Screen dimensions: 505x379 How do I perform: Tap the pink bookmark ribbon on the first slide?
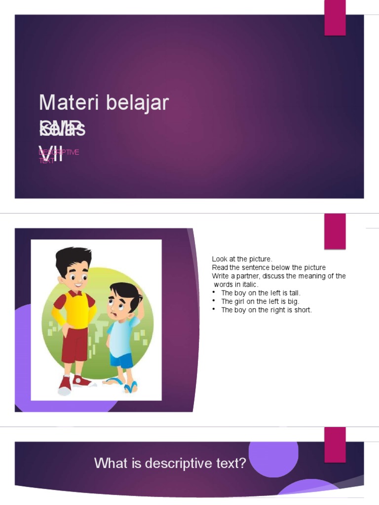tap(335, 18)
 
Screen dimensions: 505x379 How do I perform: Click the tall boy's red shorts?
tap(74, 343)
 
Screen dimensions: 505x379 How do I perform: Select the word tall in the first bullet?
tap(295, 293)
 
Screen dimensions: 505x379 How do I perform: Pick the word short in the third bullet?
tap(303, 310)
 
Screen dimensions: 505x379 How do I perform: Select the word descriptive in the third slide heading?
tap(187, 464)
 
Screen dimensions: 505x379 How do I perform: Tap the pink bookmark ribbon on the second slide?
tap(335, 231)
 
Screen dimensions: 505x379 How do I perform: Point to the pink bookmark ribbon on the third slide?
tap(335, 444)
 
